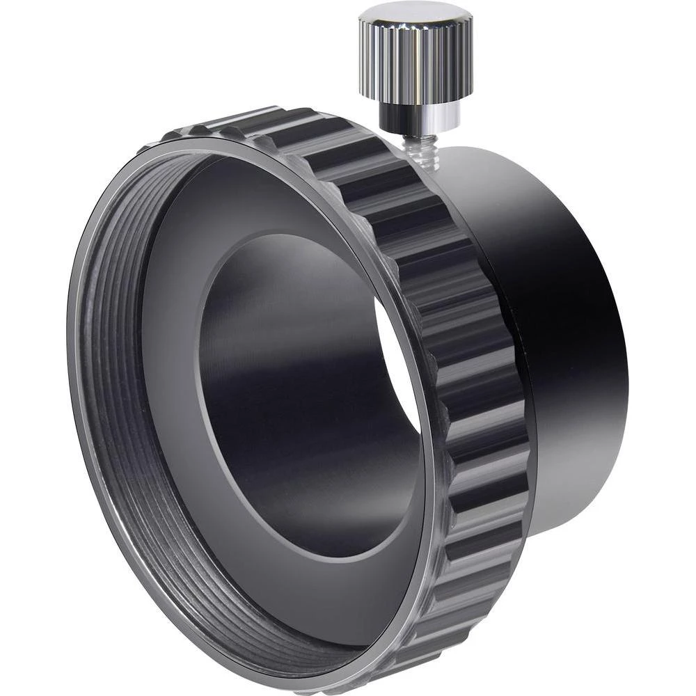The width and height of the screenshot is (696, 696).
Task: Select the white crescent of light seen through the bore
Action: coord(400,362)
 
